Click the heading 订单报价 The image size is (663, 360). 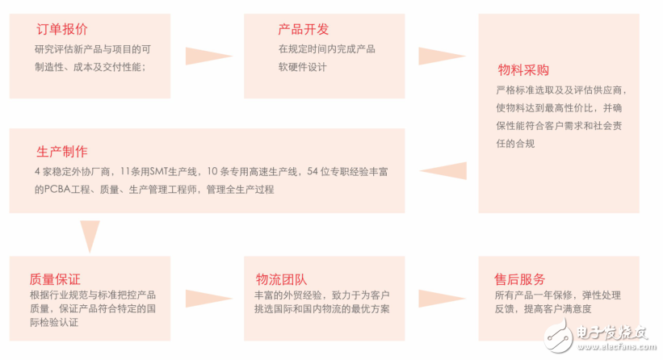[x=62, y=29]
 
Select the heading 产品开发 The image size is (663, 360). [x=303, y=29]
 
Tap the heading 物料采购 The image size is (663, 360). [x=523, y=69]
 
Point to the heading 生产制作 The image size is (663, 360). [x=62, y=151]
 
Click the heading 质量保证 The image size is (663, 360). [x=55, y=278]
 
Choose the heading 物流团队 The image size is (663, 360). [x=281, y=278]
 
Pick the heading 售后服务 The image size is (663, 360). [x=520, y=278]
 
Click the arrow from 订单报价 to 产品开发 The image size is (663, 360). [x=209, y=56]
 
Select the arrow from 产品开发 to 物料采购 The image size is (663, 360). [x=443, y=56]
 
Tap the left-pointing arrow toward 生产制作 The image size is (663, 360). [x=443, y=170]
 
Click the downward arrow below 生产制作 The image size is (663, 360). [x=90, y=237]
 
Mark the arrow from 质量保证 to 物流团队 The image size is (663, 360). [x=209, y=299]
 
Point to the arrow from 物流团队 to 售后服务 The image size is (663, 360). [x=443, y=299]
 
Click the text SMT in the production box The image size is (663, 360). [x=159, y=172]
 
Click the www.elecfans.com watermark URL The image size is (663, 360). [x=616, y=347]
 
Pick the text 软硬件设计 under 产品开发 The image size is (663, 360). [x=302, y=67]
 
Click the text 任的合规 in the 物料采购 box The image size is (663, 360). [x=515, y=144]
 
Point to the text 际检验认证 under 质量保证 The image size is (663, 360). [x=54, y=323]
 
